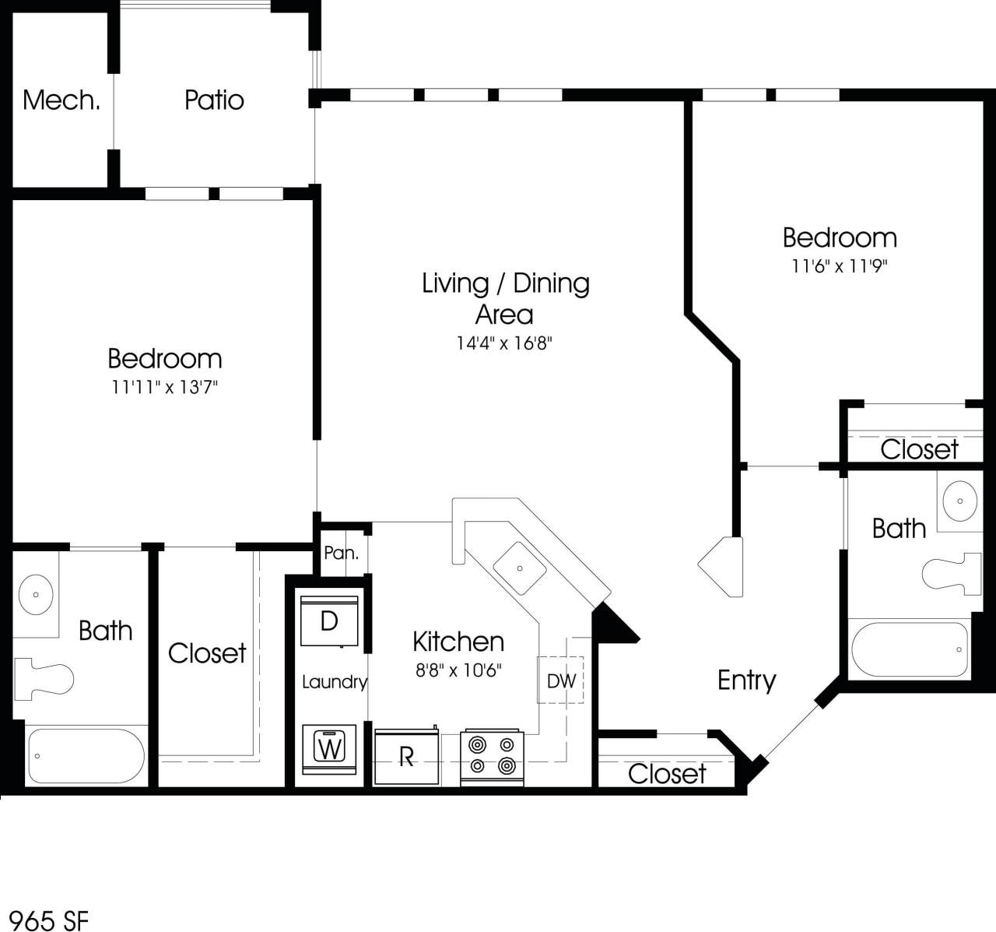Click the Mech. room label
pyautogui.click(x=61, y=100)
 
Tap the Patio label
pyautogui.click(x=214, y=100)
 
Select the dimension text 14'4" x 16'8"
pyautogui.click(x=504, y=343)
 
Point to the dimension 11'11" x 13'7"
pyautogui.click(x=164, y=387)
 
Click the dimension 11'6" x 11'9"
pyautogui.click(x=840, y=266)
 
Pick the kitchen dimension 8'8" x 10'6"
pyautogui.click(x=458, y=670)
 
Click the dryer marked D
pyautogui.click(x=329, y=621)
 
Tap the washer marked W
pyautogui.click(x=330, y=748)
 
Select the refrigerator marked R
pyautogui.click(x=405, y=758)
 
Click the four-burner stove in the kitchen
pyautogui.click(x=492, y=756)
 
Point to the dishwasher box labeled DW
pyautogui.click(x=561, y=681)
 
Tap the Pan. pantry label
pyautogui.click(x=342, y=554)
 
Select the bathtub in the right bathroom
pyautogui.click(x=909, y=649)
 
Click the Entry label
pyautogui.click(x=746, y=681)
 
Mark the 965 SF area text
pyautogui.click(x=44, y=920)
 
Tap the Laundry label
pyautogui.click(x=334, y=682)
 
